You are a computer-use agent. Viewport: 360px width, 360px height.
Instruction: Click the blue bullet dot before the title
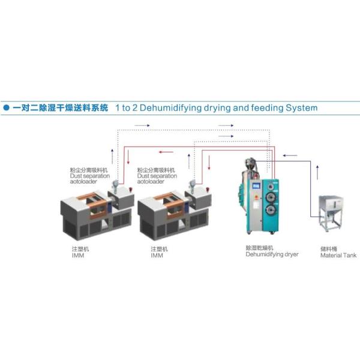pos(6,109)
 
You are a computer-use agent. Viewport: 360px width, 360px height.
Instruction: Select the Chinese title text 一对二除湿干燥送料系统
pos(60,108)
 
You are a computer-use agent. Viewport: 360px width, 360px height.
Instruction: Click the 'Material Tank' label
pos(338,255)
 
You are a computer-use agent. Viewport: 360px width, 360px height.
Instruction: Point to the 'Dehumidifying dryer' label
pos(272,254)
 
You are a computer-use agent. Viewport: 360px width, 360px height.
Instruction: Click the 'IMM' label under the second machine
pos(157,255)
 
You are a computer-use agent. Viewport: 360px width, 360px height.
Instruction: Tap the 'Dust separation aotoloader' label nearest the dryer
pos(157,176)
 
